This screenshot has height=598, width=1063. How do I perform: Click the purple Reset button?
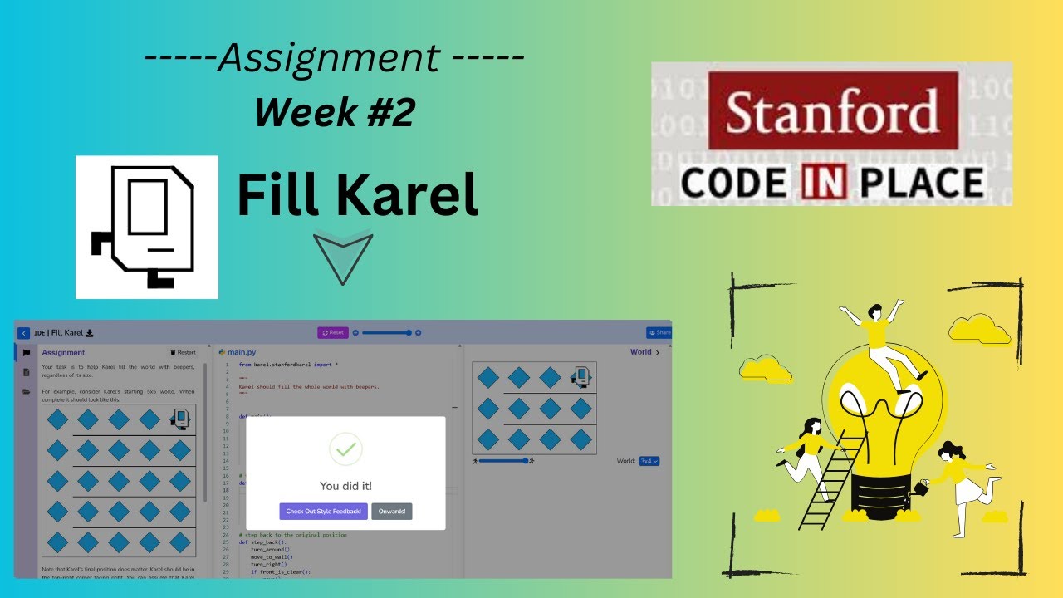click(x=333, y=332)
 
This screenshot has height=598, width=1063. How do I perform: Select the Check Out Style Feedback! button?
click(x=323, y=512)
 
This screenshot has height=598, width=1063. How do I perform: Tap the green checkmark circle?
click(x=345, y=449)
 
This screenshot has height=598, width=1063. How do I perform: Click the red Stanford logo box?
click(x=833, y=110)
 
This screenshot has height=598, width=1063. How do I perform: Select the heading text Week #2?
click(x=334, y=112)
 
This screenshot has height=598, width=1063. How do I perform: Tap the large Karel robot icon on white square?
click(x=147, y=227)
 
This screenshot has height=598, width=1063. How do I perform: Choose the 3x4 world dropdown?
click(x=649, y=461)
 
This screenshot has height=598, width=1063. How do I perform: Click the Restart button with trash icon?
click(x=183, y=352)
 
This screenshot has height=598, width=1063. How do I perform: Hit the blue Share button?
click(x=659, y=333)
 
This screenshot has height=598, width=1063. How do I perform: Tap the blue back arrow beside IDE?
click(x=23, y=333)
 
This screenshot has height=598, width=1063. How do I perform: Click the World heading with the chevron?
click(x=644, y=352)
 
